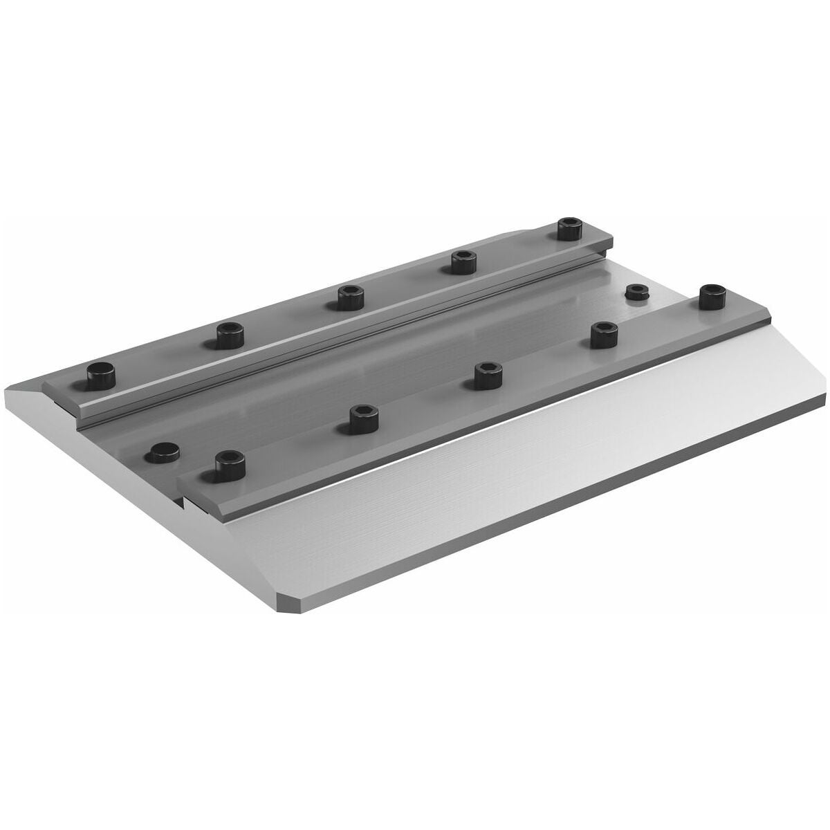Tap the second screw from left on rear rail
[230, 335]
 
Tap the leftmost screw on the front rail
[230, 461]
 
